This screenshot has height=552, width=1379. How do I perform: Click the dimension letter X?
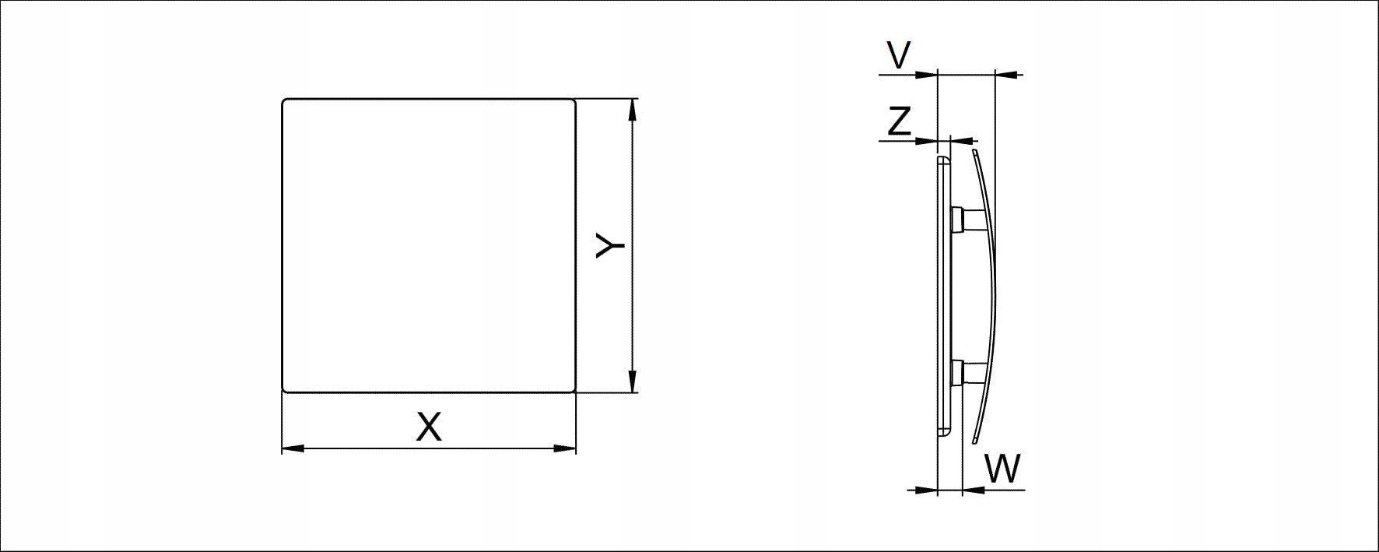[x=429, y=427]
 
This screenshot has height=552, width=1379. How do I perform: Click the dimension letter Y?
[x=610, y=245]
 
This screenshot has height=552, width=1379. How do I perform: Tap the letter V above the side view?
[x=899, y=56]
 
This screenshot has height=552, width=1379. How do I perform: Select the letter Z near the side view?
[x=900, y=122]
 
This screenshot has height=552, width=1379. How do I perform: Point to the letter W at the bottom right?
[x=1002, y=469]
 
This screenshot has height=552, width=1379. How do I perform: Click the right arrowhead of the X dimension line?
[x=565, y=448]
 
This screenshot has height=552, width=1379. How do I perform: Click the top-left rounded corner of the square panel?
[x=284, y=101]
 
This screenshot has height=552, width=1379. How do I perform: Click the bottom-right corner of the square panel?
[x=574, y=390]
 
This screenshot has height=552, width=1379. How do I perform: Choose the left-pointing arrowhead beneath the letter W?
[x=974, y=490]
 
